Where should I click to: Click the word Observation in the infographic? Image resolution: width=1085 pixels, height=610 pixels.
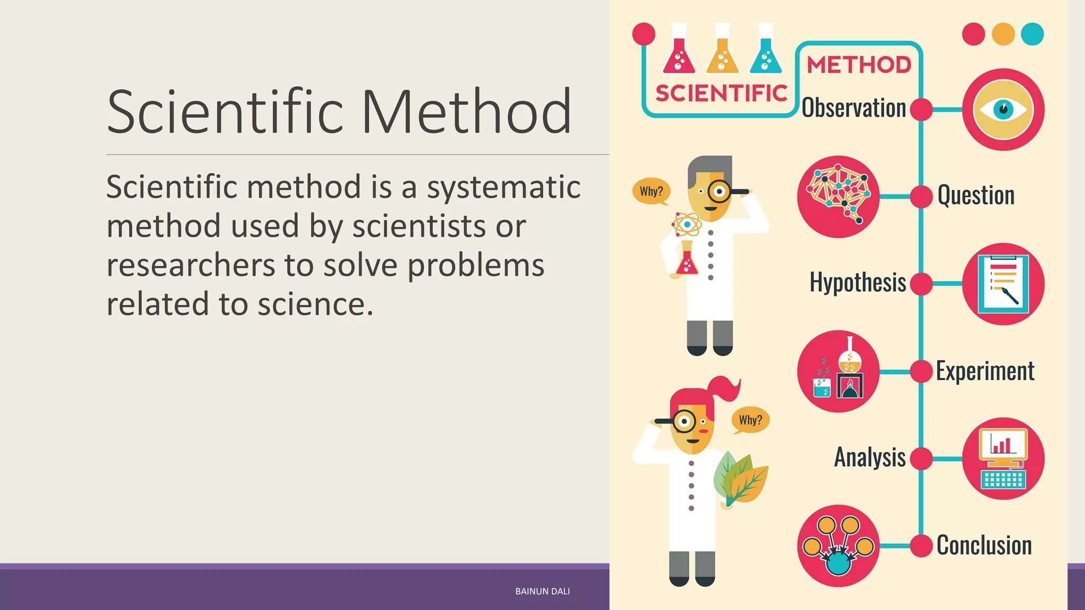pos(853,108)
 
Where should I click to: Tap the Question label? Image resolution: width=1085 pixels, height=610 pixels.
pos(976,195)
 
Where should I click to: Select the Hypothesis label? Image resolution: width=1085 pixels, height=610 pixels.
pos(858,282)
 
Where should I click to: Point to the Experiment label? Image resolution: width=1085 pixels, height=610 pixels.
pos(985,371)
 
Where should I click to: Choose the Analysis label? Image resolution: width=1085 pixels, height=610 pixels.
pos(870,457)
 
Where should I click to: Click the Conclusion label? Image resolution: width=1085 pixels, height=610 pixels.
pos(984,545)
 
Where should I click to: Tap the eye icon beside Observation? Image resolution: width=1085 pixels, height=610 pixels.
pos(1003,110)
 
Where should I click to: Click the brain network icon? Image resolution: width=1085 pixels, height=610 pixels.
pos(838,196)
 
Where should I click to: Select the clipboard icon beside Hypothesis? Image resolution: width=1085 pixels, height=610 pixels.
pos(1003,284)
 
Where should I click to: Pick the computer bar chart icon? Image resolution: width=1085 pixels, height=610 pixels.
pos(1003,459)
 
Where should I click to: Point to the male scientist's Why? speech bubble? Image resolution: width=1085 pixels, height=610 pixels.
pos(651,191)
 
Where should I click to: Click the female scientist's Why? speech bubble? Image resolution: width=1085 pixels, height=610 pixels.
pos(750,420)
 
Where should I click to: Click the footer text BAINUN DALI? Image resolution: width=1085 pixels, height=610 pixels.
pos(542,591)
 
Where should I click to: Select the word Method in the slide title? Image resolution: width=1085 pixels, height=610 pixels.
pos(466,112)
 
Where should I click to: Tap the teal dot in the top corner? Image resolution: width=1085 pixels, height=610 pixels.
pos(1032,34)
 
